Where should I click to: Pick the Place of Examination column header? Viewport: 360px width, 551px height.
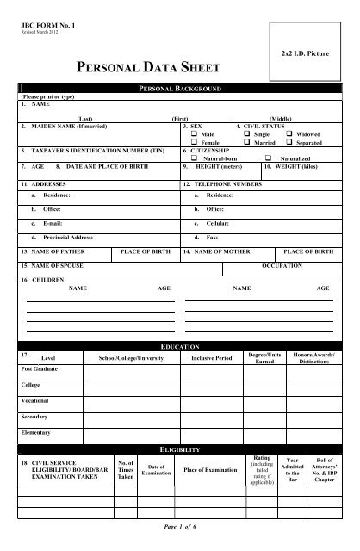208,470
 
